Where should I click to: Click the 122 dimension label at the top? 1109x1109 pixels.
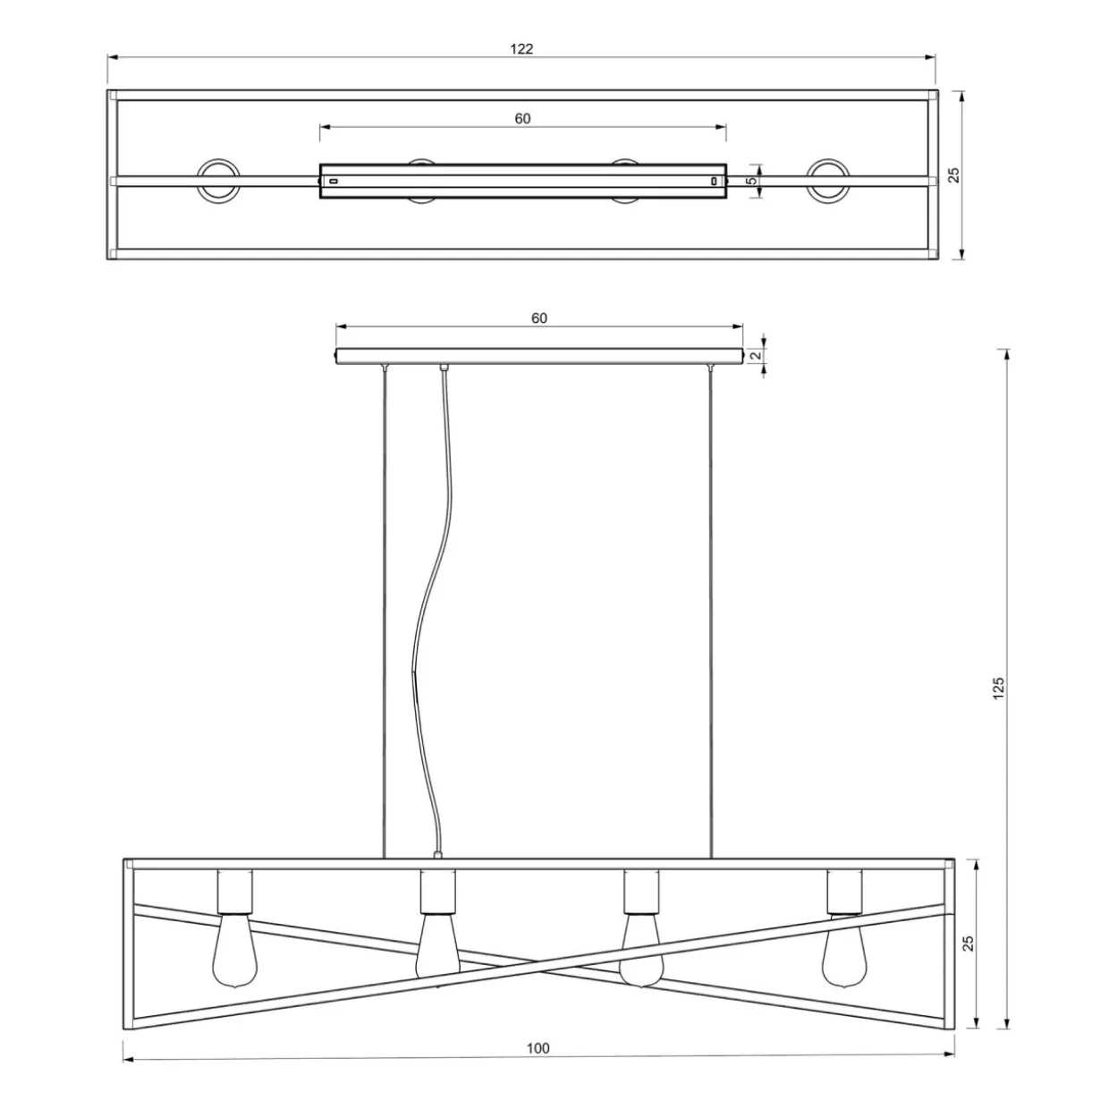click(x=521, y=49)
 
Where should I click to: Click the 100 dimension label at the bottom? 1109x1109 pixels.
click(x=538, y=1048)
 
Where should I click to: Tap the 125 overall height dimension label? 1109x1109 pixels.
click(x=998, y=689)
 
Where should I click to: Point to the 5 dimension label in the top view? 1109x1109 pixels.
click(x=752, y=181)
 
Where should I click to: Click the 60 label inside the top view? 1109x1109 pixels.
click(x=522, y=119)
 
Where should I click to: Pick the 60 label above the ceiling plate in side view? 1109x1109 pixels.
click(x=539, y=318)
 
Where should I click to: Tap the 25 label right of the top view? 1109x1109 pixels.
click(x=954, y=175)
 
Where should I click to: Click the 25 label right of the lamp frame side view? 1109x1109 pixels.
click(x=969, y=944)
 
